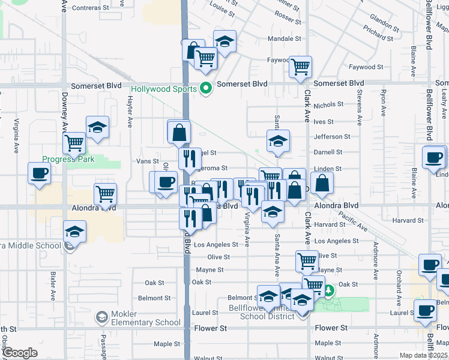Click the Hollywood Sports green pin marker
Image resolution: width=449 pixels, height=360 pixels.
[x=206, y=89]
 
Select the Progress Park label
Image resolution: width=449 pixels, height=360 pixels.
[x=68, y=160]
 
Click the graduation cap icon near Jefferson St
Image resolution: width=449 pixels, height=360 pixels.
[x=278, y=142]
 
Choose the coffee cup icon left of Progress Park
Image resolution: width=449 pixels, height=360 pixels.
[x=40, y=173]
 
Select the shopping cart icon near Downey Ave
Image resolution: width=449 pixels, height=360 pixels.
[x=74, y=143]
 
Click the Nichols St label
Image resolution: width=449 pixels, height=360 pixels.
[x=328, y=104]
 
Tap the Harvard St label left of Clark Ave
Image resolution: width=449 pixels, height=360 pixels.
[x=328, y=226]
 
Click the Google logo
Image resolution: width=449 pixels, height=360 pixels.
[x=19, y=353]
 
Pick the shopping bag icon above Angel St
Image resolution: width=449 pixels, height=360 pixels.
[x=179, y=132]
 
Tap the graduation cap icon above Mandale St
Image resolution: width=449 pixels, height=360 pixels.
[x=225, y=41]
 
